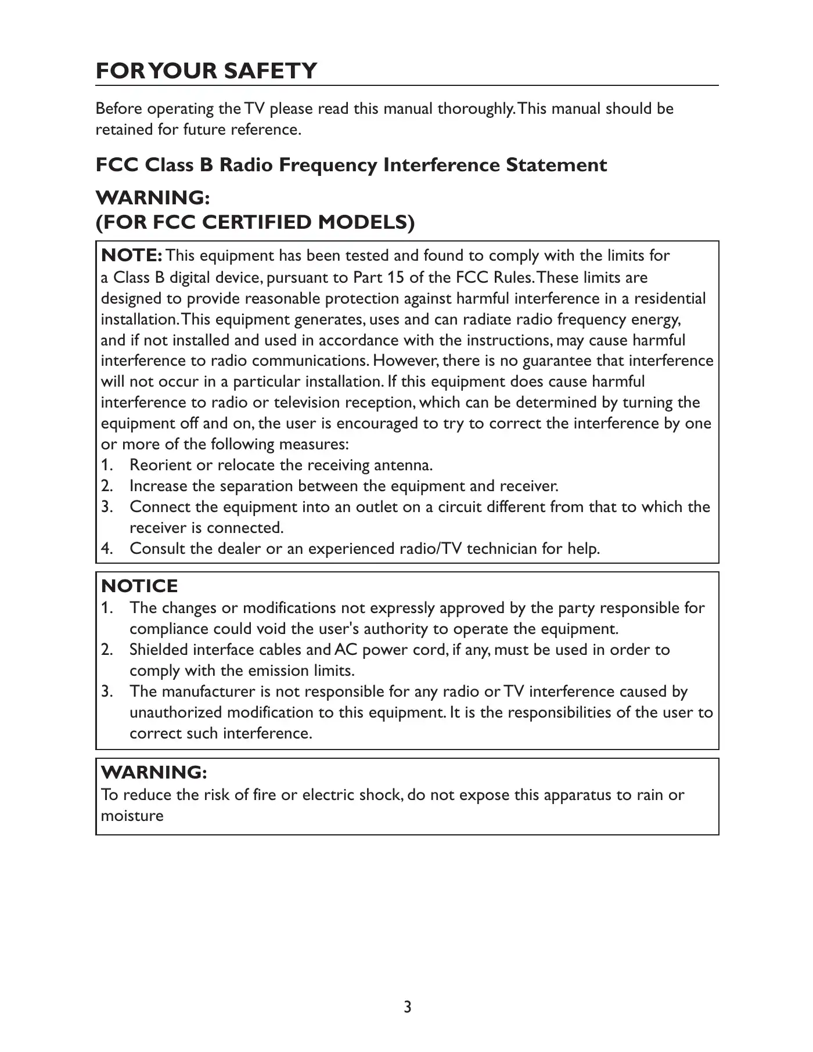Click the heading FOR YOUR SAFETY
(x=206, y=71)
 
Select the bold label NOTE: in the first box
(x=132, y=255)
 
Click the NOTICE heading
(x=139, y=586)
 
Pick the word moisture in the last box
(x=132, y=816)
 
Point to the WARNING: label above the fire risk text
(x=154, y=773)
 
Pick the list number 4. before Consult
(x=107, y=549)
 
